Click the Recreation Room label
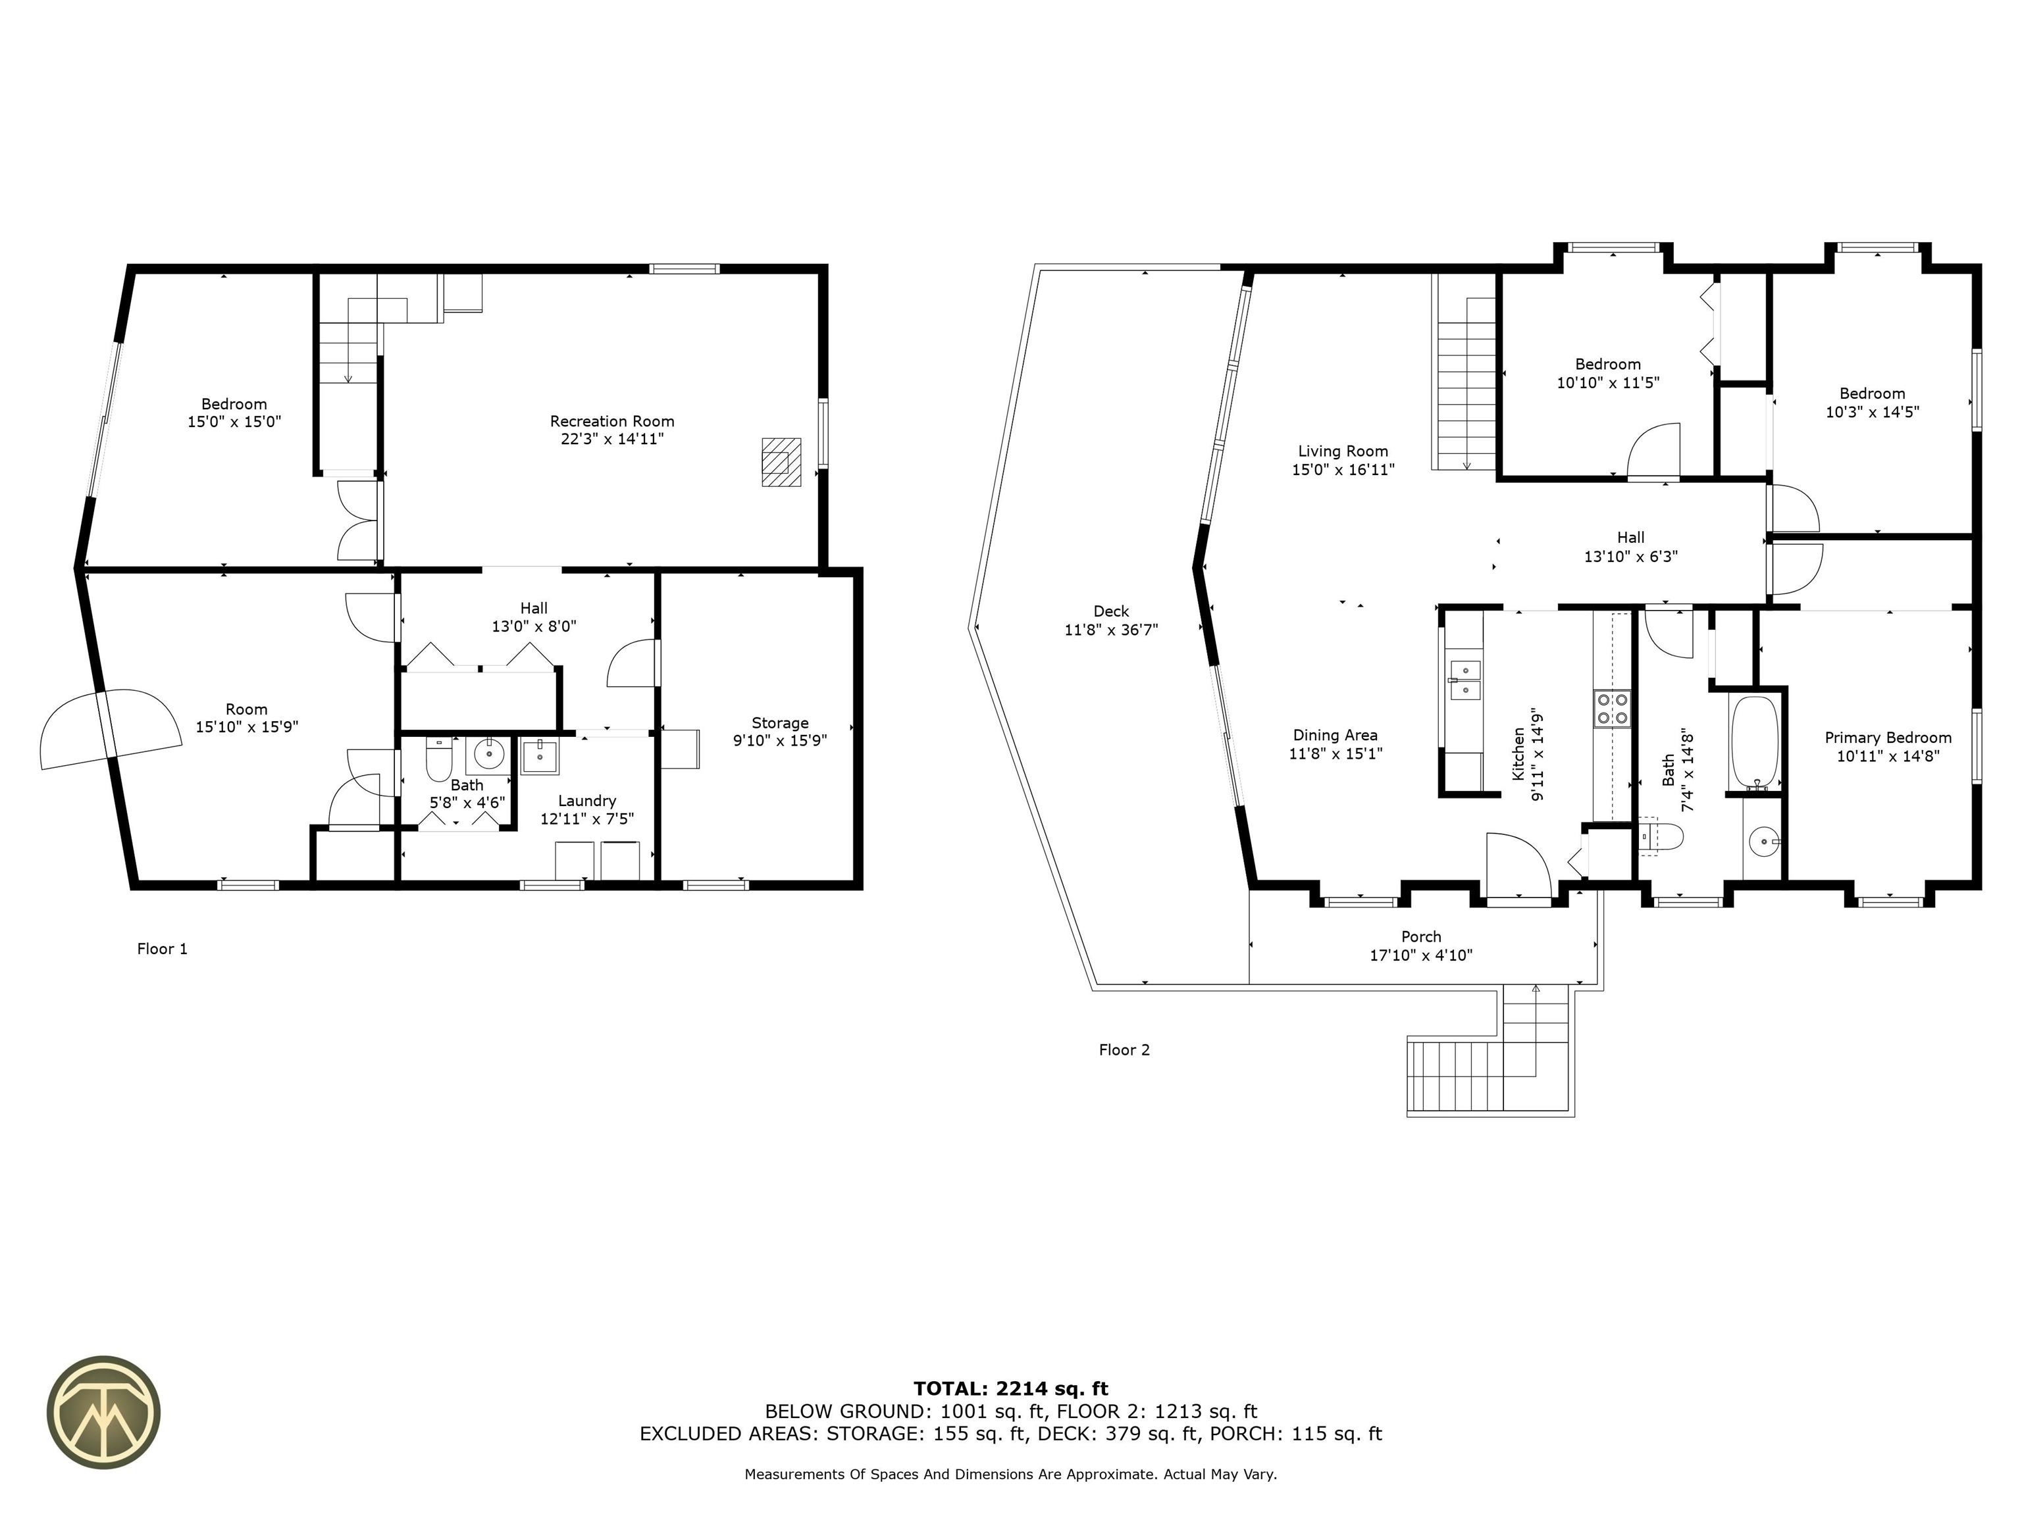611,421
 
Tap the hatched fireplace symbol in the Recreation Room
781,461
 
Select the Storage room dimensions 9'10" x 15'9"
780,740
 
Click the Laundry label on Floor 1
587,801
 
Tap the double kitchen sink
1465,680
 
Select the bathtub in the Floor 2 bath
1754,743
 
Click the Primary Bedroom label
1888,738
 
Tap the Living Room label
1343,451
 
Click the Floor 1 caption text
162,949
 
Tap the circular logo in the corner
103,1412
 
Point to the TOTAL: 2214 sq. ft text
1011,1389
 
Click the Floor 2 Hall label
1631,538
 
